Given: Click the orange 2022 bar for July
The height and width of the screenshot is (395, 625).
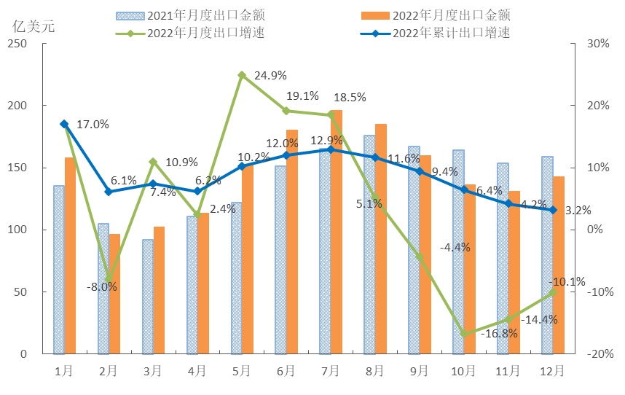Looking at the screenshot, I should tap(336, 233).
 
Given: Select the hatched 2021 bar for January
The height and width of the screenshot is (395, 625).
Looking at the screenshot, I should tap(58, 270).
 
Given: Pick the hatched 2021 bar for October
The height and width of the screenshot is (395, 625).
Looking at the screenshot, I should tap(458, 251).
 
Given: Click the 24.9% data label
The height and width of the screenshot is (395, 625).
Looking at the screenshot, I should tap(272, 75).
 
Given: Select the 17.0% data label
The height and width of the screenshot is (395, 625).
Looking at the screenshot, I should tap(93, 125).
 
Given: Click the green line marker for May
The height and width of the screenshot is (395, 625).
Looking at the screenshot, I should tap(242, 75).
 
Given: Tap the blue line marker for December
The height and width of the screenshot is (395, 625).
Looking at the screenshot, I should tap(554, 210).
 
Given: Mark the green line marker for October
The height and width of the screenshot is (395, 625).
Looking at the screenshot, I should tap(464, 334).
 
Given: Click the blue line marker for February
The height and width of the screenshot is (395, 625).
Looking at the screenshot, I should tap(109, 192).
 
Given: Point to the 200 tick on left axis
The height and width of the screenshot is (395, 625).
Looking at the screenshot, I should tap(18, 106).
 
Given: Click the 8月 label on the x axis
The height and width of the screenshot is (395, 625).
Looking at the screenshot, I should tap(374, 371).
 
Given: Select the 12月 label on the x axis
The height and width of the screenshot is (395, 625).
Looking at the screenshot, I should tap(553, 371).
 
